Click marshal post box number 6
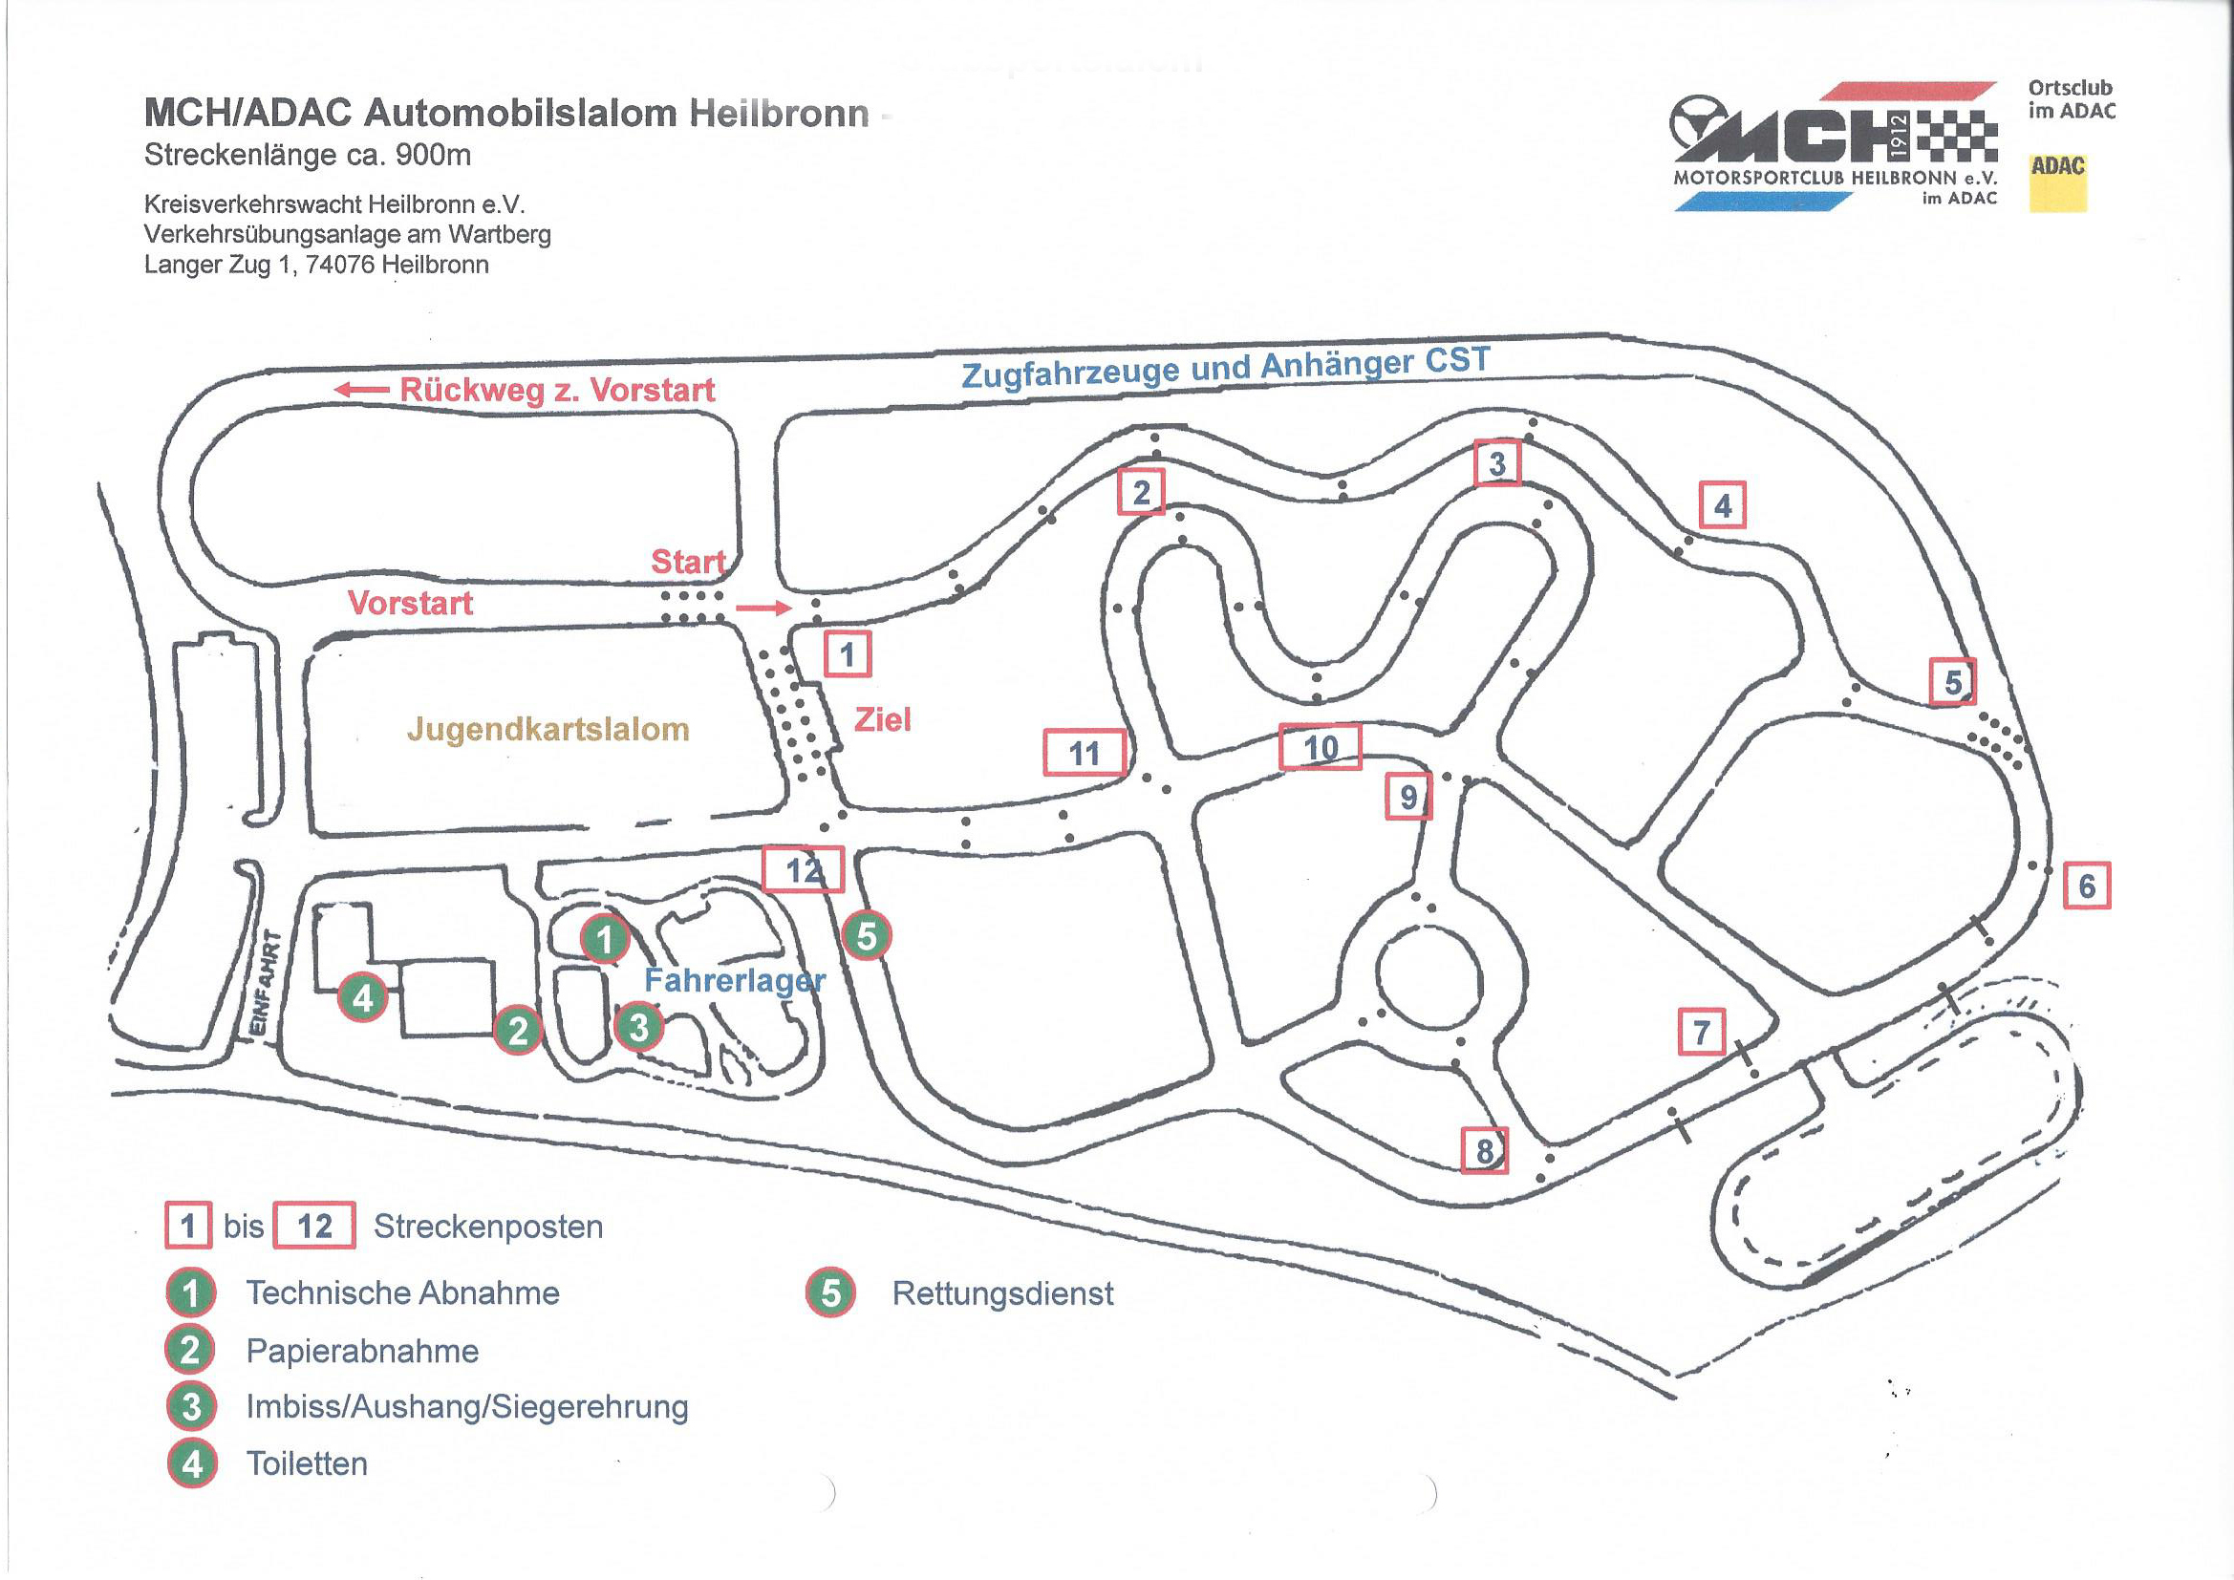(2086, 886)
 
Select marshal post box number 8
(1485, 1151)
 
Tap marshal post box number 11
(1085, 752)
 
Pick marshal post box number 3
(1497, 463)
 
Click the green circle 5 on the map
(866, 936)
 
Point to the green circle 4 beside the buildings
(363, 997)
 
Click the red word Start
(688, 562)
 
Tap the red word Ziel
(883, 720)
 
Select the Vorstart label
(411, 603)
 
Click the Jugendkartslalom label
(548, 729)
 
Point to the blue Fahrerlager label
(735, 980)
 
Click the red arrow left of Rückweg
(362, 390)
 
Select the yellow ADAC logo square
(2057, 182)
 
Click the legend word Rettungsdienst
(1002, 1294)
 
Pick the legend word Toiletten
(307, 1463)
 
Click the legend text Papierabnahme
(362, 1351)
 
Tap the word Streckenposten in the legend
(488, 1227)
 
